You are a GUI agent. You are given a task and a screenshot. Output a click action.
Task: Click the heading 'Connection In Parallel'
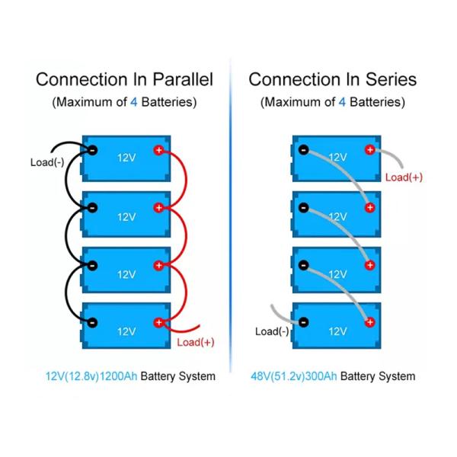tap(124, 79)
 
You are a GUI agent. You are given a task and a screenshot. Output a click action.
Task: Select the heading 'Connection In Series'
tap(332, 79)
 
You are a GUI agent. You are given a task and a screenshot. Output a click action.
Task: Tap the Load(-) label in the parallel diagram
tap(46, 162)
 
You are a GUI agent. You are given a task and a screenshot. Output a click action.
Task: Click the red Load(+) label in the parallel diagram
tap(195, 342)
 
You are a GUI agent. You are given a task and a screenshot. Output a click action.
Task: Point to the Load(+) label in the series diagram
tap(404, 177)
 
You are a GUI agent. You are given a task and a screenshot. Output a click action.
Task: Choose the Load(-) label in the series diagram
tap(272, 331)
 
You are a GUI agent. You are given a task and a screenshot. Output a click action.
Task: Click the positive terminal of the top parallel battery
tap(159, 150)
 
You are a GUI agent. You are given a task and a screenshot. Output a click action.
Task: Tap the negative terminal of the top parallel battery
tap(92, 150)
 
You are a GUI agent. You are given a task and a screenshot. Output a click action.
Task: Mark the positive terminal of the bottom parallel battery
tap(159, 323)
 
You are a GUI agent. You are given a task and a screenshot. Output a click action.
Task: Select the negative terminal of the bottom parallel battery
tap(92, 323)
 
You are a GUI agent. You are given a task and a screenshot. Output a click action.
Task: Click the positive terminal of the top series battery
tap(370, 150)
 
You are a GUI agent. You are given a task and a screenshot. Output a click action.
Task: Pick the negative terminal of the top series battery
tap(303, 150)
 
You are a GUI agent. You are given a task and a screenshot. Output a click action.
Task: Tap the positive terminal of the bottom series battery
tap(370, 323)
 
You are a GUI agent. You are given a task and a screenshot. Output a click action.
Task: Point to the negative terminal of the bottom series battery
tap(303, 323)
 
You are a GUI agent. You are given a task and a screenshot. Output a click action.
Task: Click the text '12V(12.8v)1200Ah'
tap(91, 376)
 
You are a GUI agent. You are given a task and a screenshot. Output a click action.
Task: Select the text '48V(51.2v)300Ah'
tap(293, 376)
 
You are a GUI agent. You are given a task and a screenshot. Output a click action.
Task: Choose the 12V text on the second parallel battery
tap(126, 216)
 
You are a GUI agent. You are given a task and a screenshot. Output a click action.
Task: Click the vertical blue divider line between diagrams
tap(230, 228)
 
